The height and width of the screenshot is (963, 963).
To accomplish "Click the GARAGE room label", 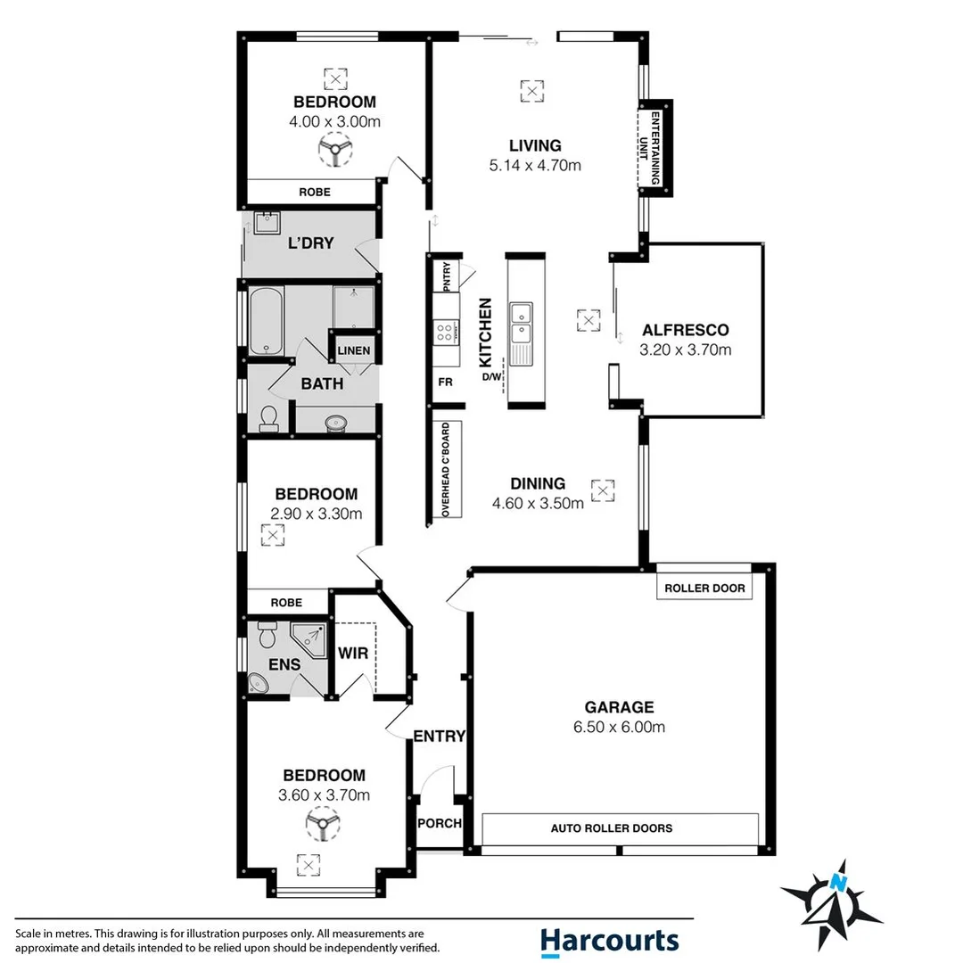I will pos(620,707).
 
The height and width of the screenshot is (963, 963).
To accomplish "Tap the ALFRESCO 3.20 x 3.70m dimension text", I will pos(685,350).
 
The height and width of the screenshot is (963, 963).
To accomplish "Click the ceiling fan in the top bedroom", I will pos(334,150).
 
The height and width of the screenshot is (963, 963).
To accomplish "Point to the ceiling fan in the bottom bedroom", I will pos(323,824).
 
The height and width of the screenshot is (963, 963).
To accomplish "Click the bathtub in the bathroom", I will pos(266,322).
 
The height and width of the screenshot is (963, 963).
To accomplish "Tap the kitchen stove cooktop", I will pos(443,333).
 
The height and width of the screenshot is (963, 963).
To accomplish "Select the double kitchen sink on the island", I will pos(520,322).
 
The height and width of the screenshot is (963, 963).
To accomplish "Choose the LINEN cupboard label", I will pos(354,350).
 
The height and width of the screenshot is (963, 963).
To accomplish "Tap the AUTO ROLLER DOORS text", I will pos(611,828).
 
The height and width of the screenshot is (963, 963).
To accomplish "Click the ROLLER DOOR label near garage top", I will pos(704,588).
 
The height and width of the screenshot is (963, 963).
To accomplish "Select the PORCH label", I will pos(440,823).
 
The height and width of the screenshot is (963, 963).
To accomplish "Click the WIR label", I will pos(352,654).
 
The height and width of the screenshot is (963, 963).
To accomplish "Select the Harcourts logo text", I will pos(609,940).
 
